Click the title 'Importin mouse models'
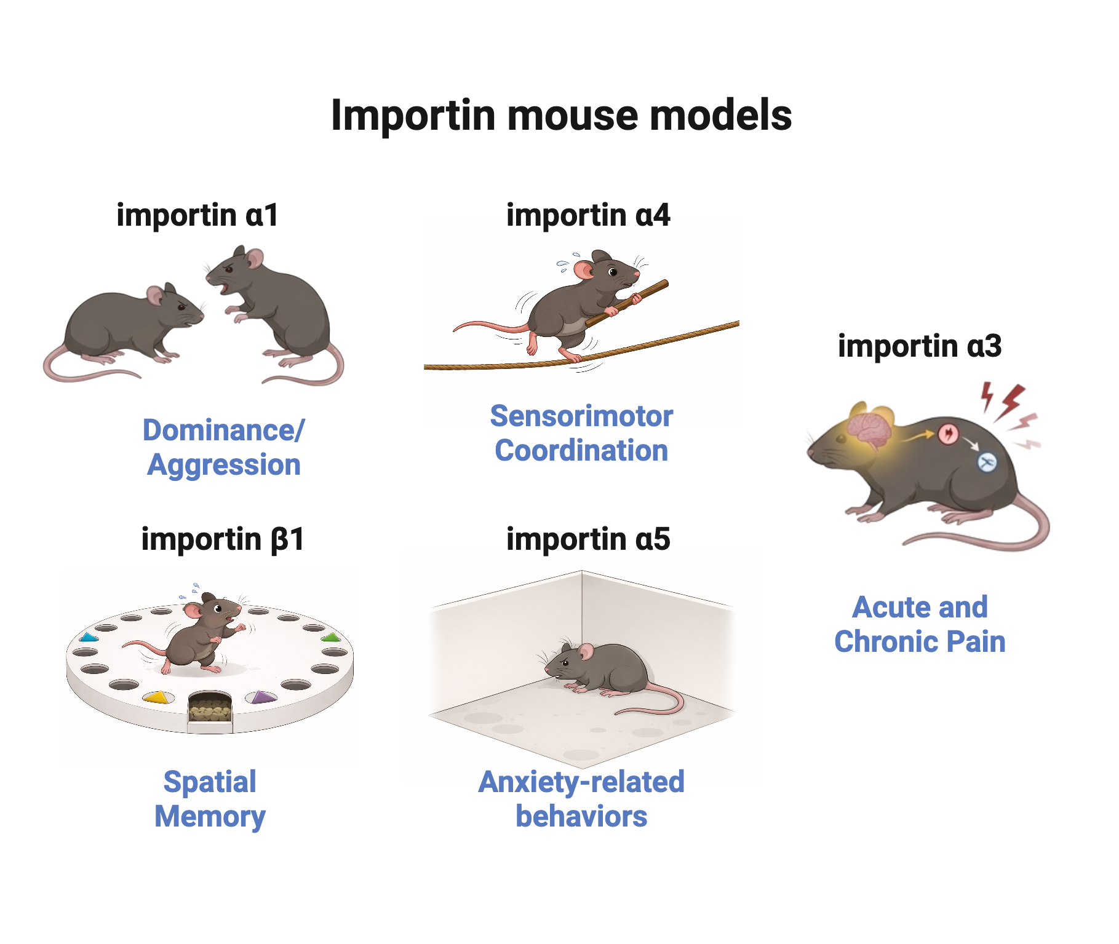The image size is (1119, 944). [561, 116]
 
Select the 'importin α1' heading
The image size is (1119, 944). [197, 215]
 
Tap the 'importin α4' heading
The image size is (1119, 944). [588, 215]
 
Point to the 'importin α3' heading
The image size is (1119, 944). [920, 346]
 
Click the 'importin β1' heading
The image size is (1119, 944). [223, 539]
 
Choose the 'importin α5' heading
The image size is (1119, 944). [588, 539]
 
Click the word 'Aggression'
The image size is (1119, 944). [224, 465]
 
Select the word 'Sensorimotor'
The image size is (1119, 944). [581, 416]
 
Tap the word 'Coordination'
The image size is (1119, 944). [581, 451]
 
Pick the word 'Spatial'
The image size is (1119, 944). [210, 783]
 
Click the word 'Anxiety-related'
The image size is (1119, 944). [581, 782]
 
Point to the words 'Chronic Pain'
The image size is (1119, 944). [920, 642]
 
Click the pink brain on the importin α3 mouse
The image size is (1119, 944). [869, 429]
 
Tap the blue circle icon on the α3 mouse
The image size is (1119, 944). [987, 462]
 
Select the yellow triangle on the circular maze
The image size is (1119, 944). [156, 697]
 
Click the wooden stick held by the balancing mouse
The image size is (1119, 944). [626, 303]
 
